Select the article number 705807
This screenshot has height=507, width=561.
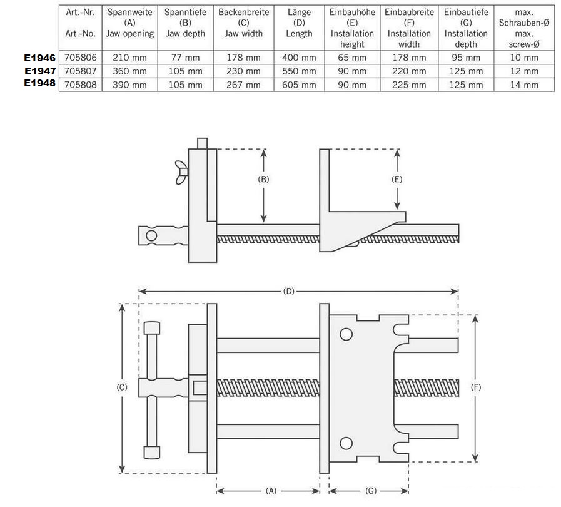[x=81, y=71]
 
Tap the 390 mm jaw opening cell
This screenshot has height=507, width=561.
[x=129, y=85]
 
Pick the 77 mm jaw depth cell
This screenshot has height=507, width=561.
[x=185, y=58]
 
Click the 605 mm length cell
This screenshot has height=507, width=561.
[x=299, y=85]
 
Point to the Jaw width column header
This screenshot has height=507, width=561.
[x=243, y=28]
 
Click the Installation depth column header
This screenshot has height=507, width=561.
[x=466, y=28]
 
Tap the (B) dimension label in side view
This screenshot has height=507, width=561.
[x=264, y=179]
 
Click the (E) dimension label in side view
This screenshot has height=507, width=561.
[x=397, y=179]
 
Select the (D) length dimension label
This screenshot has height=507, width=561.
[x=289, y=291]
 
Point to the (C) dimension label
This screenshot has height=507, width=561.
[x=122, y=387]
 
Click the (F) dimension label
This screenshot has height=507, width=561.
[x=476, y=387]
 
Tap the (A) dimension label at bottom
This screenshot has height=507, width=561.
[x=271, y=491]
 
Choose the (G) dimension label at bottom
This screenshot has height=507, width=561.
[x=371, y=491]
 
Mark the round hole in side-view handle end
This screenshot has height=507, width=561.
[x=151, y=235]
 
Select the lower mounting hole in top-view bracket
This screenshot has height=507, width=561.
[x=345, y=444]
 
